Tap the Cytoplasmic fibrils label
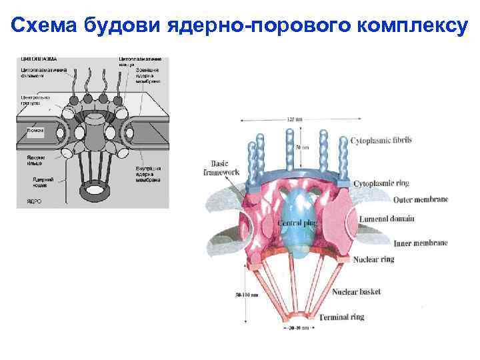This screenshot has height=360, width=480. click(x=381, y=141)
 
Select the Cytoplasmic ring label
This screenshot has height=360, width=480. click(x=381, y=183)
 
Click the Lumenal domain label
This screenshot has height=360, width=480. click(x=387, y=218)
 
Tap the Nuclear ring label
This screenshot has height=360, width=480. click(x=373, y=259)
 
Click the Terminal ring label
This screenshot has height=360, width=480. click(x=341, y=317)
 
